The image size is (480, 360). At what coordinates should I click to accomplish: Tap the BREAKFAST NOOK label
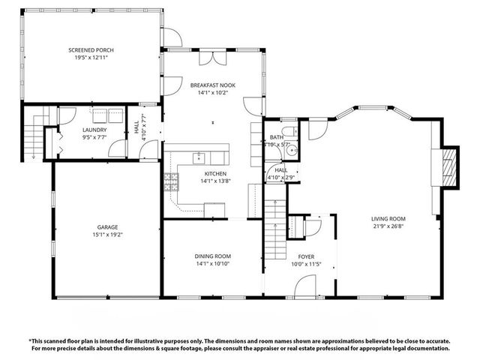tap(212, 85)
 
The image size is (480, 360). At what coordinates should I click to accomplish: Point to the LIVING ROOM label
tap(388, 219)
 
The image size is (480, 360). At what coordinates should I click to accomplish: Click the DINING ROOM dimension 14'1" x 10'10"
tap(213, 264)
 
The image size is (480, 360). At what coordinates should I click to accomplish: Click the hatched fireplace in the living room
tap(448, 166)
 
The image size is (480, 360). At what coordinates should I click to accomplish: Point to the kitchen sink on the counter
tap(199, 157)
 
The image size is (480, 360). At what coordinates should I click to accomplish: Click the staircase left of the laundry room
tap(34, 135)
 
